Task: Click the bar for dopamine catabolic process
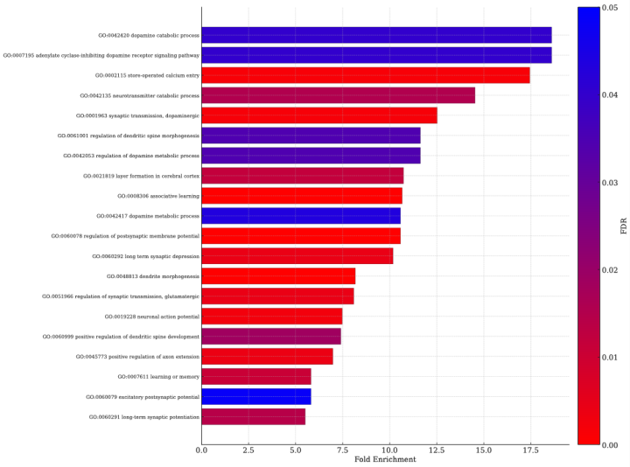point(376,35)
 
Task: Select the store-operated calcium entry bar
point(366,75)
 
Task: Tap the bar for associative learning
point(302,196)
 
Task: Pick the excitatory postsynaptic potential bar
point(256,397)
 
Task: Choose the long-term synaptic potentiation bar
point(254,417)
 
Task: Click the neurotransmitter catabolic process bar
point(339,95)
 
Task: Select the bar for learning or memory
point(256,377)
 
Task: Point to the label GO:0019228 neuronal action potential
point(151,317)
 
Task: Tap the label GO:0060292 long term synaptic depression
point(145,256)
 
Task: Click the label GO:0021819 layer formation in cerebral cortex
point(141,176)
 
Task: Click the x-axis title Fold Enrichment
point(385,460)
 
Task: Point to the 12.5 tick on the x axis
point(436,450)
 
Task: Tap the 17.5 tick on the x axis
point(529,450)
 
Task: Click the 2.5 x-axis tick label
point(248,450)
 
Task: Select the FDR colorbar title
point(624,226)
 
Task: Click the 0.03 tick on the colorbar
point(611,182)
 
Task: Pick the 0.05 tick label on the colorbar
point(611,7)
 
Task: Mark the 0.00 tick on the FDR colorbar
point(611,444)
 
